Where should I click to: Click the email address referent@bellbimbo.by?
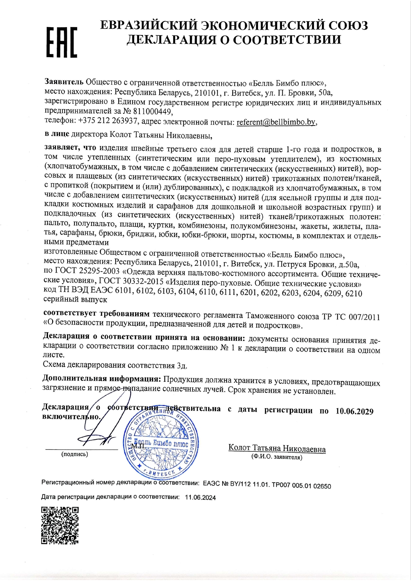(276, 122)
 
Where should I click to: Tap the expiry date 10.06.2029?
(354, 411)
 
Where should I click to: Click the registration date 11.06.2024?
(200, 498)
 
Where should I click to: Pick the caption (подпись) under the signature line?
(75, 454)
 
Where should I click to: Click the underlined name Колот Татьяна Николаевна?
(277, 448)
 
